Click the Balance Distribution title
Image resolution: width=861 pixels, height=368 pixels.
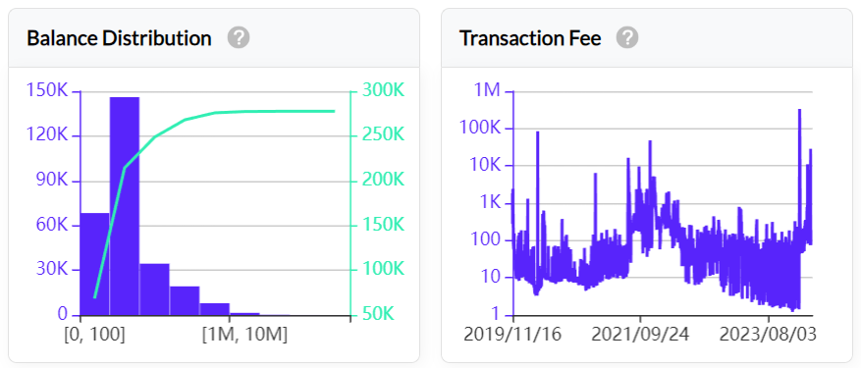coord(119,38)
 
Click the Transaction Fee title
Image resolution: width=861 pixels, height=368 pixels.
coord(530,38)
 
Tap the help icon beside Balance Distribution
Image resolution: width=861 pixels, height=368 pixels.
coord(239,38)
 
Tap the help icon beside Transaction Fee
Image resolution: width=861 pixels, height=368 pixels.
coord(627,38)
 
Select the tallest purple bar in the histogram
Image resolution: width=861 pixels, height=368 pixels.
coord(124,206)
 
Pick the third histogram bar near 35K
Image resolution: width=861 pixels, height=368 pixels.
coord(154,289)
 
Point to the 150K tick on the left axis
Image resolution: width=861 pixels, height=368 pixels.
coord(47,90)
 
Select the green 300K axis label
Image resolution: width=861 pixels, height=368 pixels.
coord(383,90)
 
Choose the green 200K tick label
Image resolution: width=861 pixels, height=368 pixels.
coord(383,181)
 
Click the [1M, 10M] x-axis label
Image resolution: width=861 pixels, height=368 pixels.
coord(244,336)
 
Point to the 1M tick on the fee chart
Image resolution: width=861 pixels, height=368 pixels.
coord(487,90)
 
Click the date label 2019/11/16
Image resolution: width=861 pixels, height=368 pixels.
coord(512,336)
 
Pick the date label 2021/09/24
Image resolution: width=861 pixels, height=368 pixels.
coord(640,336)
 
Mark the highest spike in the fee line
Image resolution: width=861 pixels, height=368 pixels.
coord(799,110)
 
